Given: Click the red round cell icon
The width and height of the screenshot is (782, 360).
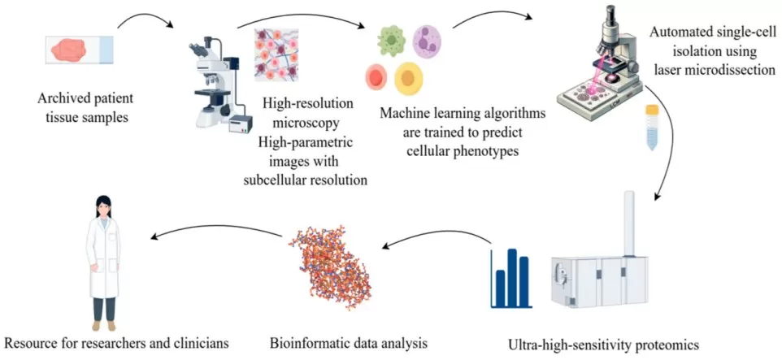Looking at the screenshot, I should [376, 77].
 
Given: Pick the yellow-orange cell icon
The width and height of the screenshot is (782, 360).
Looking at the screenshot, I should [409, 78].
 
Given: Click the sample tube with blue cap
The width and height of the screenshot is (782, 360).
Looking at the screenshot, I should [650, 127].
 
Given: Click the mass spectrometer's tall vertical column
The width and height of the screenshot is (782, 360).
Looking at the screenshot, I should [629, 223].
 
